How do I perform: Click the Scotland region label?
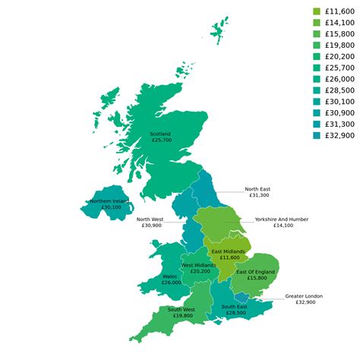pyautogui.click(x=161, y=134)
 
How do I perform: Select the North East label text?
pyautogui.click(x=257, y=189)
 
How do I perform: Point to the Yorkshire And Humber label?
pyautogui.click(x=281, y=219)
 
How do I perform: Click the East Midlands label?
pyautogui.click(x=228, y=251)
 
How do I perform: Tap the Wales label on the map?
pyautogui.click(x=170, y=276)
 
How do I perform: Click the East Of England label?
pyautogui.click(x=255, y=272)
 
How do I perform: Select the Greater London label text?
pyautogui.click(x=304, y=296)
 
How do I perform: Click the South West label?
pyautogui.click(x=182, y=310)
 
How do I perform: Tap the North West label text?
pyautogui.click(x=150, y=219)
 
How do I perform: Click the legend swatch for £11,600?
pyautogui.click(x=317, y=11)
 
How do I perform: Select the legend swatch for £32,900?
pyautogui.click(x=317, y=135)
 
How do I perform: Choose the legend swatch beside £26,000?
pyautogui.click(x=317, y=79)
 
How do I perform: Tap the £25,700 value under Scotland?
pyautogui.click(x=161, y=141)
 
